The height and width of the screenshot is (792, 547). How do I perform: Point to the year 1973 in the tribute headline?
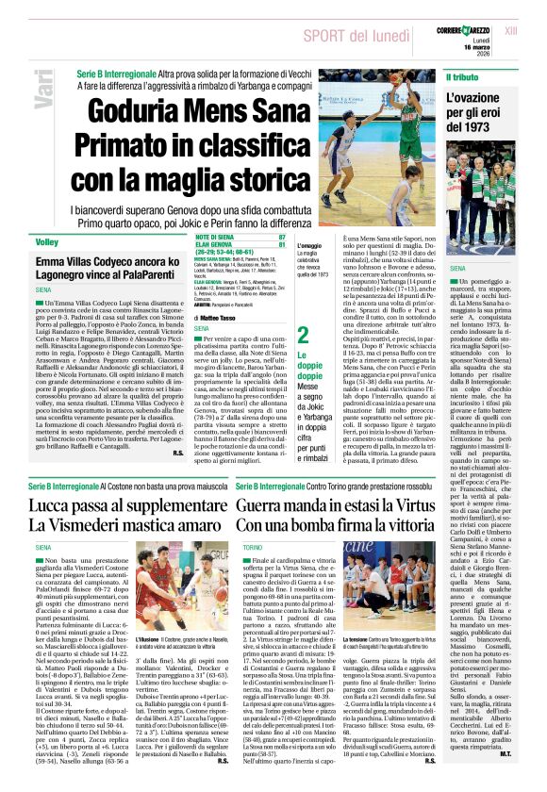481,126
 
